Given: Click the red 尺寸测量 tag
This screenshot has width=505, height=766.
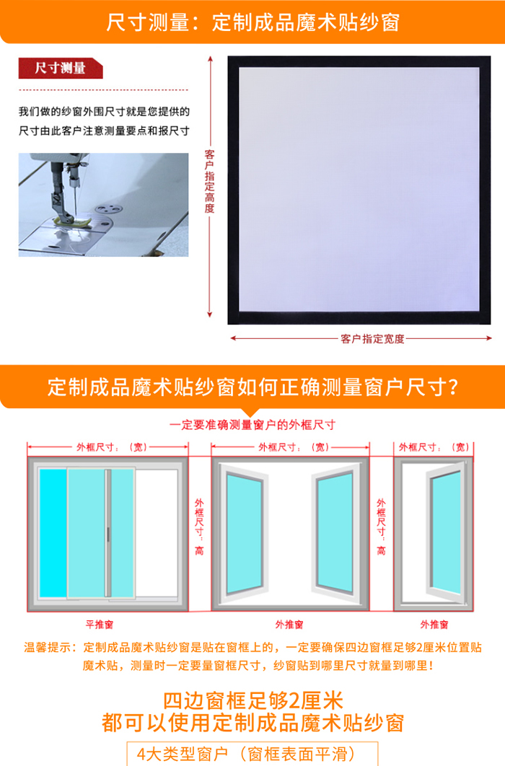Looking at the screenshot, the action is pos(61,68).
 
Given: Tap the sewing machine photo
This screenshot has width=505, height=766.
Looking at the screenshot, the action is pos(104,205).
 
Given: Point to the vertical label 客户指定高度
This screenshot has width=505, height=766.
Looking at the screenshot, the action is pos(209,181).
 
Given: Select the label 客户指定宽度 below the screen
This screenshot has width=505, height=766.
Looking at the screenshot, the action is pos(373,338).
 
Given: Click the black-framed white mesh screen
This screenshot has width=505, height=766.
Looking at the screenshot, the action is pos(359,190).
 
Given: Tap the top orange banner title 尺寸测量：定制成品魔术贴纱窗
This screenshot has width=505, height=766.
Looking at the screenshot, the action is pos(253,22).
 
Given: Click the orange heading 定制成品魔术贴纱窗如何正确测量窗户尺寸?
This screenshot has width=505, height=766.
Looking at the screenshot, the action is pos(253,387).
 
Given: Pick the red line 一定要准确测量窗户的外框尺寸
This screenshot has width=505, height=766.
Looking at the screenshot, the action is pos(252,425).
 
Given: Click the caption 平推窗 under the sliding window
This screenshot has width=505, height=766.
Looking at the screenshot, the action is pos(100,625).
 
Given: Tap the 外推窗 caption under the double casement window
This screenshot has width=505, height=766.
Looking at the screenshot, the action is pos(289,625).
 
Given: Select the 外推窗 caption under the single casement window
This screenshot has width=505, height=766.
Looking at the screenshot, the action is pos(434,625).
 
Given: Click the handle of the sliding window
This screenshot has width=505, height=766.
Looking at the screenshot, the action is pos(108,534).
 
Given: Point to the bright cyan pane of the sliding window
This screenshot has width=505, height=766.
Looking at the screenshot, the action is pos(53,533).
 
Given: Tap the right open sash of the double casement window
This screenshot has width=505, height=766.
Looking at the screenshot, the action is pos(336,532).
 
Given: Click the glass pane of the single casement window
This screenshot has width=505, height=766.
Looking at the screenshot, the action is pos(446,532).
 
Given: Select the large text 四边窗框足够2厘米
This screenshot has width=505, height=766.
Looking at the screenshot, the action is pos(253,700).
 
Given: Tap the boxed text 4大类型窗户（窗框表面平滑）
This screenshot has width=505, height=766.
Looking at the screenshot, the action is pos(246,754).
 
